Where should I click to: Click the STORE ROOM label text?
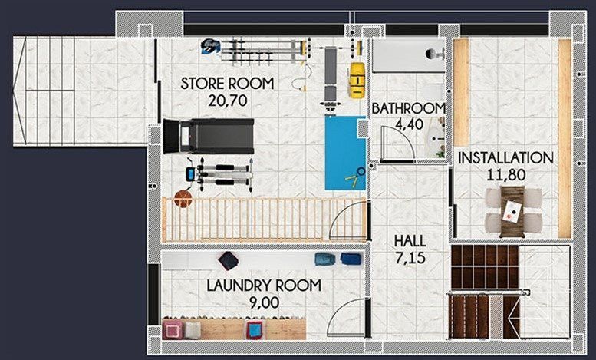coord(227,84)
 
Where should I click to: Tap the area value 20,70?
coord(227,100)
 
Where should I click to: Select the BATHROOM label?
coord(409,108)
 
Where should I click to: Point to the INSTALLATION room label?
coord(505,158)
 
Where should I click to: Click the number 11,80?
coord(505,174)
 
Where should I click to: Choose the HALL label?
coord(410,241)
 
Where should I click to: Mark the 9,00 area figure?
coord(264,302)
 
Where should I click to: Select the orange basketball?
coord(183,199)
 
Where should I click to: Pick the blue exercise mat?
coord(344,152)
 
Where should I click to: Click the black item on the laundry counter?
coord(228,260)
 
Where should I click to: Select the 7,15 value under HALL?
coord(410,258)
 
